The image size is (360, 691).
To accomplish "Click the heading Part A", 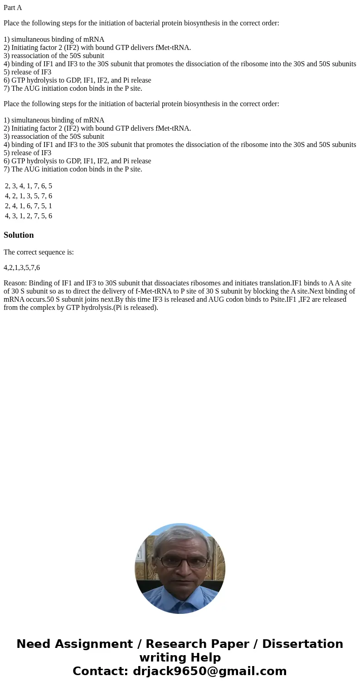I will [13, 8].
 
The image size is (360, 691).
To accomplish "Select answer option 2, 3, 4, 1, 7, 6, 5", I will [29, 186].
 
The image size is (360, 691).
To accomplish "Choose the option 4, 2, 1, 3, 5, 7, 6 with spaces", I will [29, 196].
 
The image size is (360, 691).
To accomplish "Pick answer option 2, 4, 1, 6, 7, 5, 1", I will [29, 206].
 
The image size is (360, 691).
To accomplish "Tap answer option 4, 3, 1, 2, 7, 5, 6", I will [29, 216].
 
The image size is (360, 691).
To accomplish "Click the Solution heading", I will [19, 235].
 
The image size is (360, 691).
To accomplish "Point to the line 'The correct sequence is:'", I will [39, 252].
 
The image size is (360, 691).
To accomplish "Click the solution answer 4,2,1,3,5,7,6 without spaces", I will [22, 268].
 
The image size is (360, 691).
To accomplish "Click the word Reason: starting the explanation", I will [15, 283].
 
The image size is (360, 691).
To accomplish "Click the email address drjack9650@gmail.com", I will [209, 671].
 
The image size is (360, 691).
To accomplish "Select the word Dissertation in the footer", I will [302, 644].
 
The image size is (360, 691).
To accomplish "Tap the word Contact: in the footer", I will [100, 671].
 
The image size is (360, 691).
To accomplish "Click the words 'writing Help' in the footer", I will [180, 658].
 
